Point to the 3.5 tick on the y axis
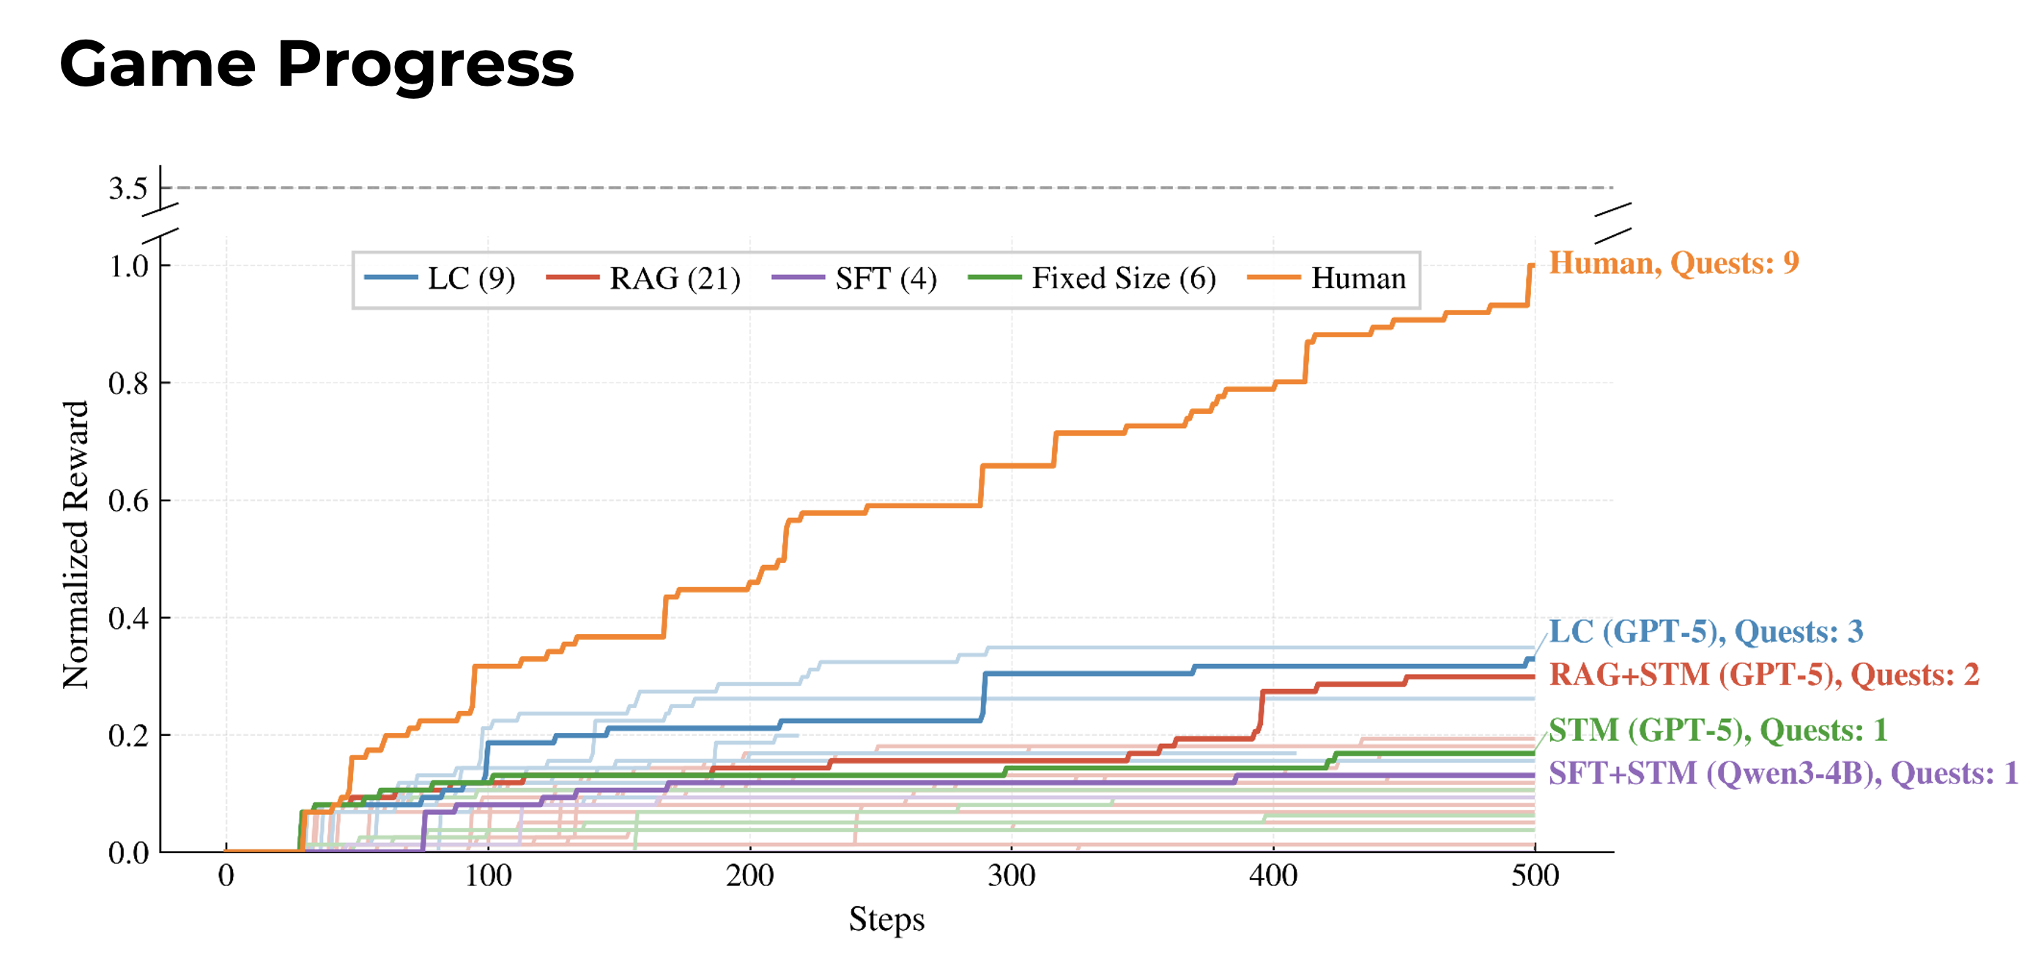(x=128, y=188)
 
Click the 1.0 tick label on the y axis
(x=128, y=266)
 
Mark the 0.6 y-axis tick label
(x=128, y=501)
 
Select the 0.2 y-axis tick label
(x=128, y=736)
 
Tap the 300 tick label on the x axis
(x=1011, y=876)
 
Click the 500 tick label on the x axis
(x=1535, y=876)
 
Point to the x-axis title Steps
(x=886, y=920)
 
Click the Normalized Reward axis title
(x=76, y=545)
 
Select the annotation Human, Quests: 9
(x=1673, y=262)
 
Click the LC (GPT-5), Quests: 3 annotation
(x=1705, y=632)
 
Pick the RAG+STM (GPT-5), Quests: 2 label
(x=1763, y=674)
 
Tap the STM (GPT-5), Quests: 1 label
(x=1718, y=730)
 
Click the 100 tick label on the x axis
(x=487, y=876)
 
